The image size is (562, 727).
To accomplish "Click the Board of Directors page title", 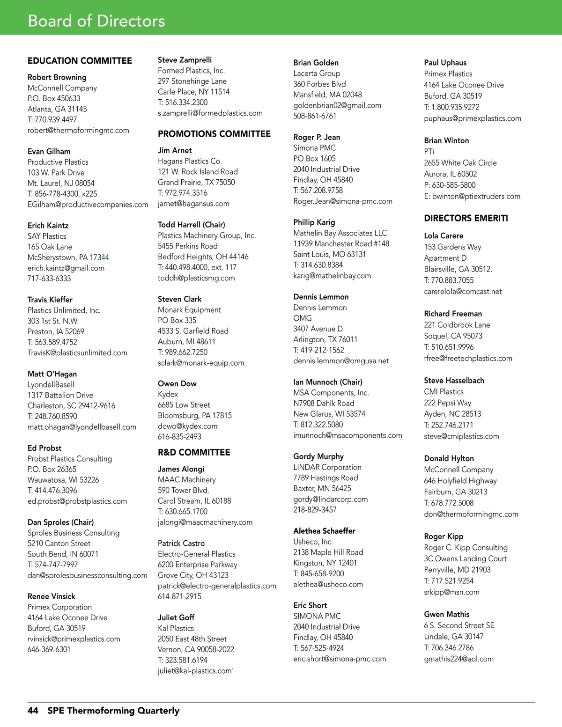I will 96,21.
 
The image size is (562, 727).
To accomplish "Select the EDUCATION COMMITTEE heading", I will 80,61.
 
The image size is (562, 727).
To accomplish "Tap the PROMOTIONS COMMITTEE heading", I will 214,134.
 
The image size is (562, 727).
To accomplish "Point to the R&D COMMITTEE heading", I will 194,452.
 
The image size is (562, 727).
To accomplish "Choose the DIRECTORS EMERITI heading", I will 466,218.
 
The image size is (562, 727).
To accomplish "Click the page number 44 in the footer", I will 33,711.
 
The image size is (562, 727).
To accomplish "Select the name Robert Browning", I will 57,77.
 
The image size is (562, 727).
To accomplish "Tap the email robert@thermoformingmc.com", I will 78,130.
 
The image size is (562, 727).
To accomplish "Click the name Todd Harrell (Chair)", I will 192,225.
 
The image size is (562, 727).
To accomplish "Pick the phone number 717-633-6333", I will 49,279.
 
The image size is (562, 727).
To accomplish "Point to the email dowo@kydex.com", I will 188,426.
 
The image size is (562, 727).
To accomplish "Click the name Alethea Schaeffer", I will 324,531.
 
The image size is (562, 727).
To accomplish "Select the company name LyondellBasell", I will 51,384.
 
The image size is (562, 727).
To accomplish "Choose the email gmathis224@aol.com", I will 458,659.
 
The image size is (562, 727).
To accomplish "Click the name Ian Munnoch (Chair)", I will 328,382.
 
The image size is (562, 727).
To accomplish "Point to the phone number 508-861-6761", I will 315,116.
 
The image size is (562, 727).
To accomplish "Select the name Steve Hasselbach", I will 454,381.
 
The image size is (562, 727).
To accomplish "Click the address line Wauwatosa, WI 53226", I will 63,480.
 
